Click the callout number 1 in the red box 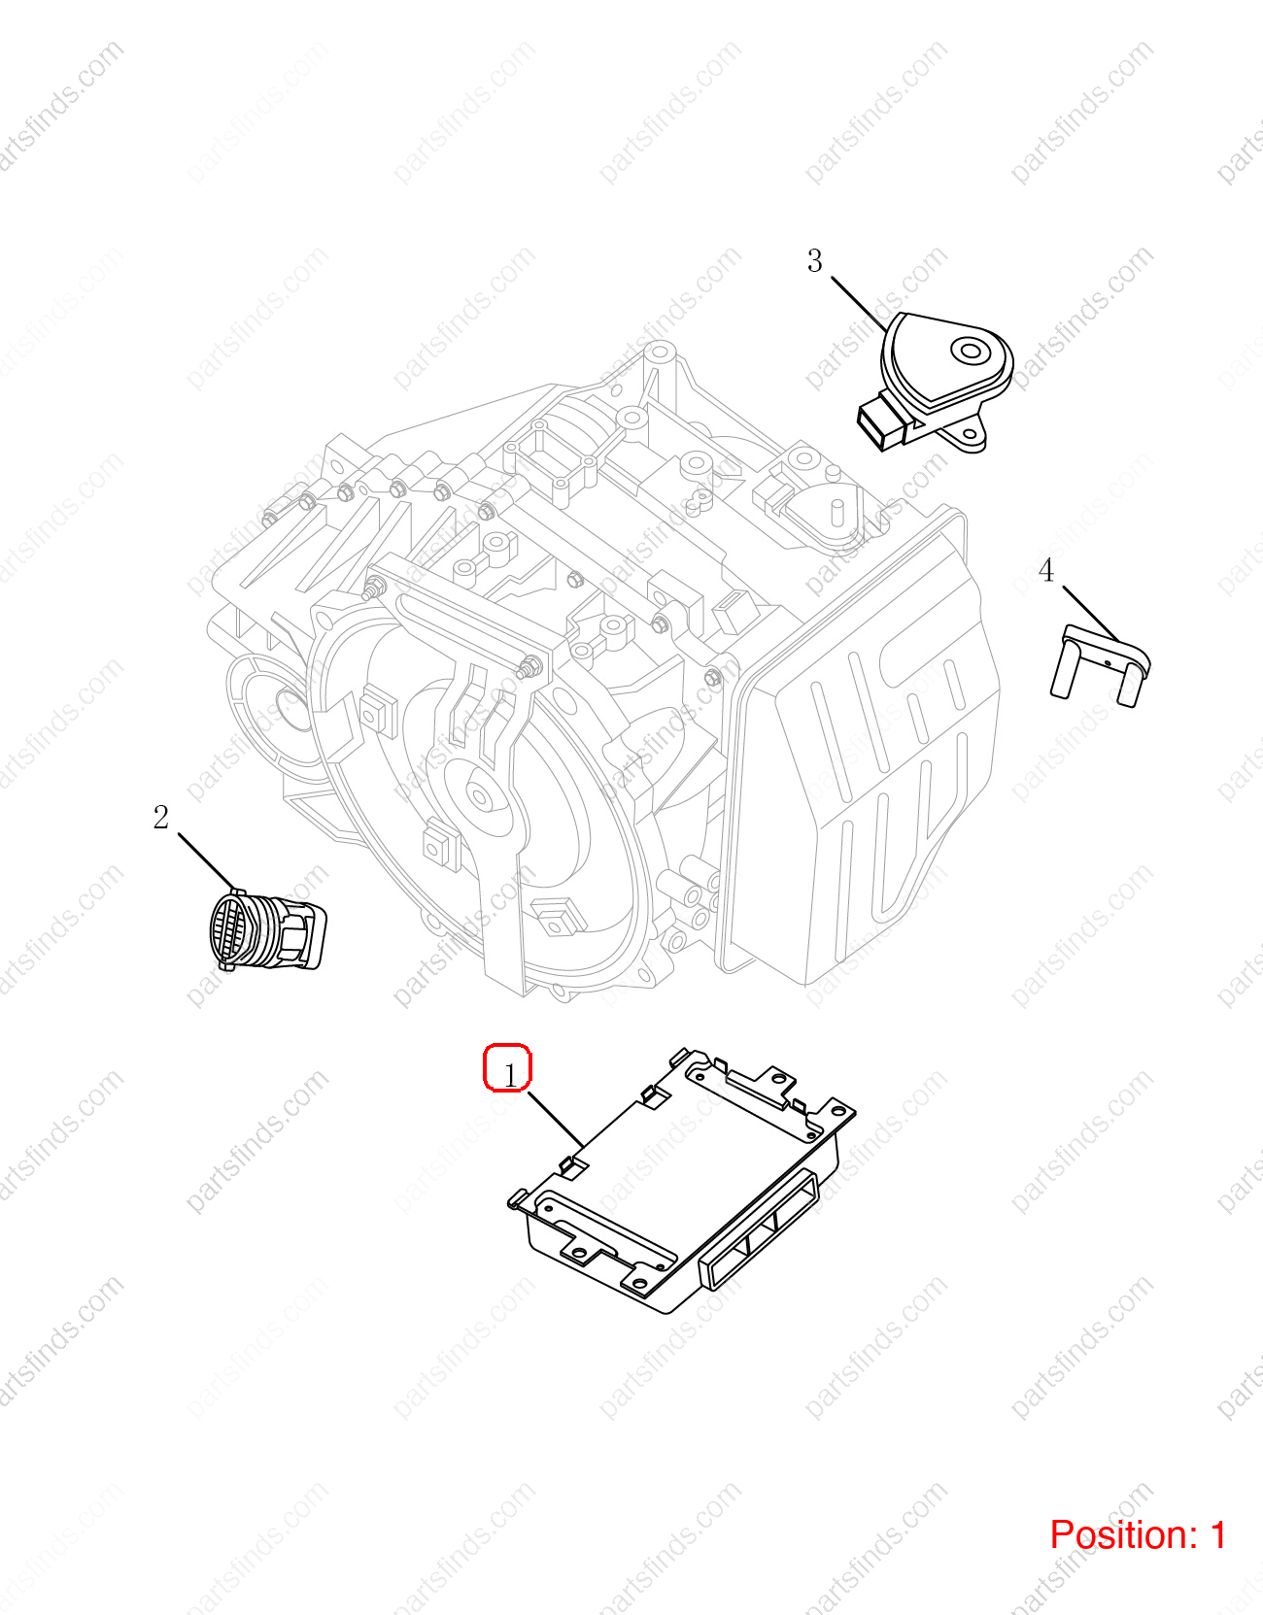510,1075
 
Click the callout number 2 161,818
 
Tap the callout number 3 815,261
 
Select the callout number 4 1046,570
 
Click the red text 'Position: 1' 1138,1534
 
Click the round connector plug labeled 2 267,929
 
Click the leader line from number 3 860,304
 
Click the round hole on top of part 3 971,350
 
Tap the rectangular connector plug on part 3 882,423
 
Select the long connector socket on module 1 758,1230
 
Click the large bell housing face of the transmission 476,795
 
